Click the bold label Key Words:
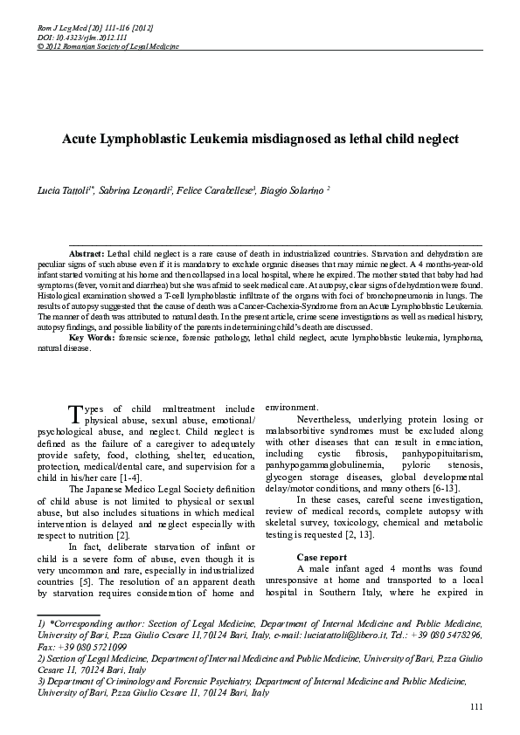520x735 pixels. click(x=89, y=338)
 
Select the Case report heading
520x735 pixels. click(x=322, y=556)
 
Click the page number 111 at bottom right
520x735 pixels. click(x=475, y=706)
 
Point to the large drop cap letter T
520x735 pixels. click(x=76, y=412)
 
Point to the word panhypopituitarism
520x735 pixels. click(x=441, y=454)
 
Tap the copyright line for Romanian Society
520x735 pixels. click(x=91, y=45)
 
